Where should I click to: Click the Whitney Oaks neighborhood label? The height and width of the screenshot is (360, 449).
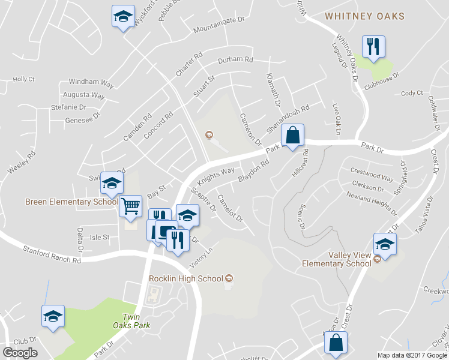coord(365,16)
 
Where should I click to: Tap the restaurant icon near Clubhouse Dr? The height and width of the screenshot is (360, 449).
coord(373,46)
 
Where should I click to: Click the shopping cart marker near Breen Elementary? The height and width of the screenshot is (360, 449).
coord(130,206)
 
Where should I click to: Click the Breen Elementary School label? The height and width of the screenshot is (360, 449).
coord(71,202)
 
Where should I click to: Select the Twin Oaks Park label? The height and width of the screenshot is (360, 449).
coord(135,321)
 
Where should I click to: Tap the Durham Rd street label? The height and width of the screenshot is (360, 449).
coord(236,60)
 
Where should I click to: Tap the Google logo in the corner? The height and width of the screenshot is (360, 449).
coord(20,352)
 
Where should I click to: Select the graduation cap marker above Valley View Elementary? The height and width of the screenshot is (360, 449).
coord(385,244)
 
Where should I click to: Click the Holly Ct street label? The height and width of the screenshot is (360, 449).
coord(24,79)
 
